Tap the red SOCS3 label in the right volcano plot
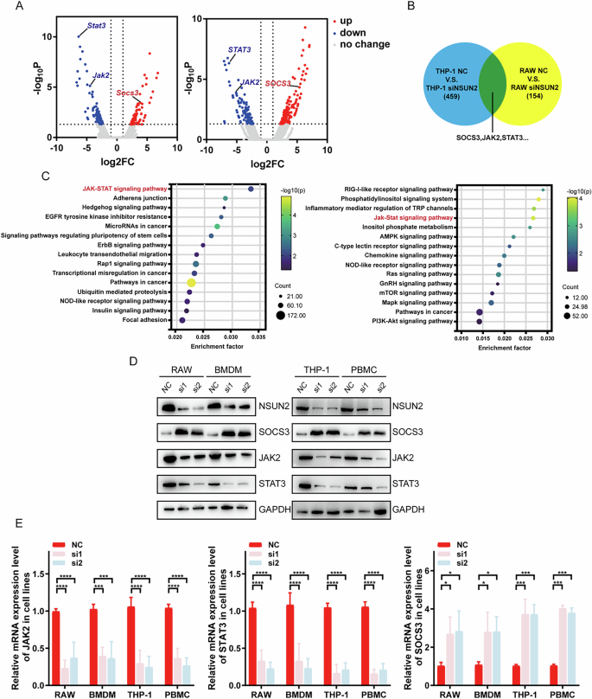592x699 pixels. [278, 82]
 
